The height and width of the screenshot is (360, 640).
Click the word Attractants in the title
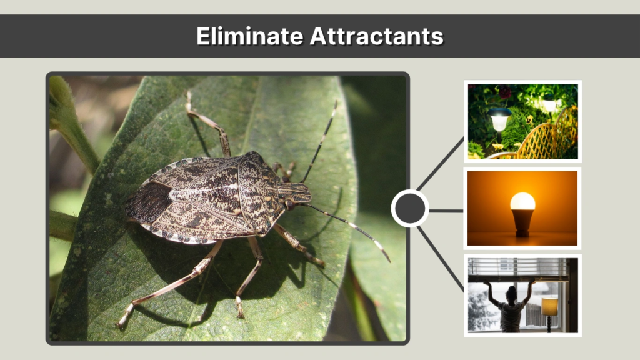click(x=377, y=36)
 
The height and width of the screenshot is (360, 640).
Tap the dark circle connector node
click(x=410, y=208)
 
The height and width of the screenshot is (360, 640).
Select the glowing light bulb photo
click(x=522, y=208)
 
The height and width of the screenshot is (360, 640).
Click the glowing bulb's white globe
click(x=522, y=201)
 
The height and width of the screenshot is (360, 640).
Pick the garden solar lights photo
click(x=522, y=121)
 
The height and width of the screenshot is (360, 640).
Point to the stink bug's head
click(x=301, y=194)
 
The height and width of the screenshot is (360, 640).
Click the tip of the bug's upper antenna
click(x=336, y=103)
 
